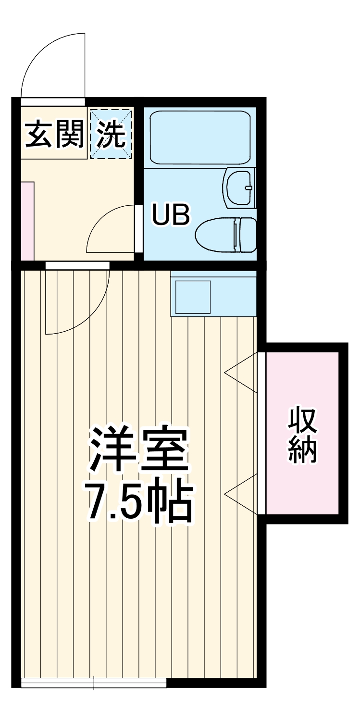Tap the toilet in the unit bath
[226, 234]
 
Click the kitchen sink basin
[193, 297]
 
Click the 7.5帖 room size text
[139, 502]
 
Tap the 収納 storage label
[303, 435]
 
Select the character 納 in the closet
[303, 450]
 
